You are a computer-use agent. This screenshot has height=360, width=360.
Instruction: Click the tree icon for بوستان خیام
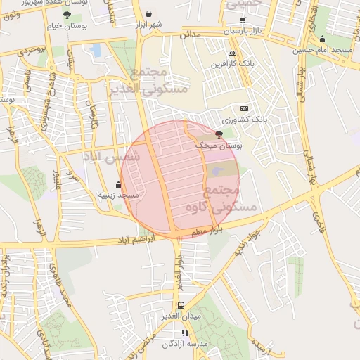[x=67, y=14]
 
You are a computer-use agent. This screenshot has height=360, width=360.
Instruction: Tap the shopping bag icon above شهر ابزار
[x=148, y=13]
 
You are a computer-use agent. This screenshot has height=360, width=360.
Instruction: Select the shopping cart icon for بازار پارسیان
[x=243, y=20]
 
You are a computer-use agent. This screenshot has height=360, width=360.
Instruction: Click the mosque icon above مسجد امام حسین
[x=322, y=39]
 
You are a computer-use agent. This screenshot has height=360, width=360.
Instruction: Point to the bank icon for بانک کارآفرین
[x=233, y=53]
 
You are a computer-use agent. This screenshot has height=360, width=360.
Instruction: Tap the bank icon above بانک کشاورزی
[x=244, y=108]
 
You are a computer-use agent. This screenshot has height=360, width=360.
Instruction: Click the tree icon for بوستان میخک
[x=219, y=134]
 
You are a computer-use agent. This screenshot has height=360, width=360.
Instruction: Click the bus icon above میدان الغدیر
[x=181, y=305]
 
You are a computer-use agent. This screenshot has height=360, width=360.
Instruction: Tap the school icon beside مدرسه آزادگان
[x=185, y=333]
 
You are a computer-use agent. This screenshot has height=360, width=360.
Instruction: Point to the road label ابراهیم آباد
[x=108, y=240]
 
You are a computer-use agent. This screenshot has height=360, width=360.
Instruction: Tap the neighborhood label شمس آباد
[x=112, y=156]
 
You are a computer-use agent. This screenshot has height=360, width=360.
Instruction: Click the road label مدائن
[x=190, y=34]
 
